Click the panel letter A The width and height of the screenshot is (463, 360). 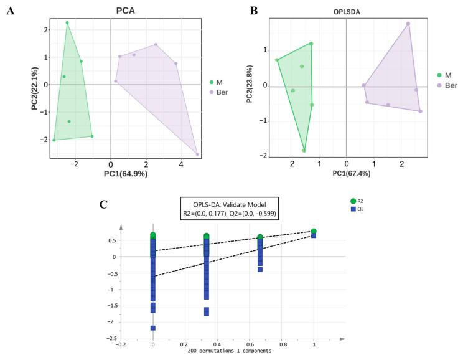tap(10, 12)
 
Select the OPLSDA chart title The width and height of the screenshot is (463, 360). tap(345, 11)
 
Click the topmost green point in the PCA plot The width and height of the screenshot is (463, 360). tap(67, 23)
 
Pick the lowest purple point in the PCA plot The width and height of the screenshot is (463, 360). tap(197, 154)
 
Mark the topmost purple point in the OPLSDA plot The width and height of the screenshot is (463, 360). tap(408, 24)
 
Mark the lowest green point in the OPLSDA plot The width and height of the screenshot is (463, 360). tap(304, 150)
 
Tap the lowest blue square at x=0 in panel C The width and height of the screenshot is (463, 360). tap(153, 328)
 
